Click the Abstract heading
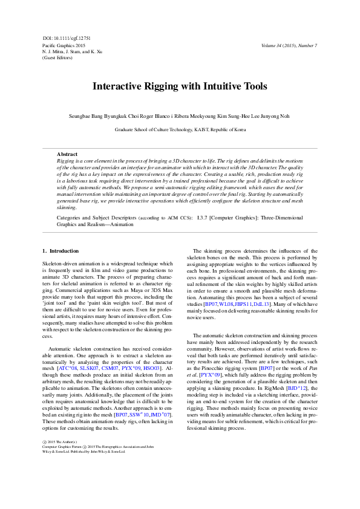pyautogui.click(x=67, y=155)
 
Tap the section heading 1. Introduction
pyautogui.click(x=61, y=250)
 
